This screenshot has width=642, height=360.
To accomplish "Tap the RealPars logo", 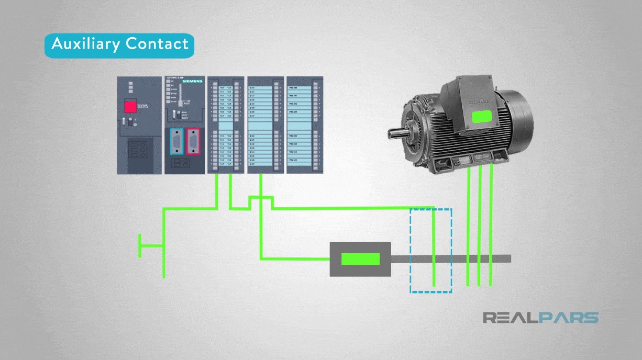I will tap(540, 318).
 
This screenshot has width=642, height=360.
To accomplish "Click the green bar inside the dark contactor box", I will tap(360, 259).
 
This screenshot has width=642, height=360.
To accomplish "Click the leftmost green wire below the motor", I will tap(468, 225).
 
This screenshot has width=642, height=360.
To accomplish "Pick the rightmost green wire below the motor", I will tap(491, 225).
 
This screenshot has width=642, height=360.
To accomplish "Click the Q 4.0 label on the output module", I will tap(252, 87).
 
